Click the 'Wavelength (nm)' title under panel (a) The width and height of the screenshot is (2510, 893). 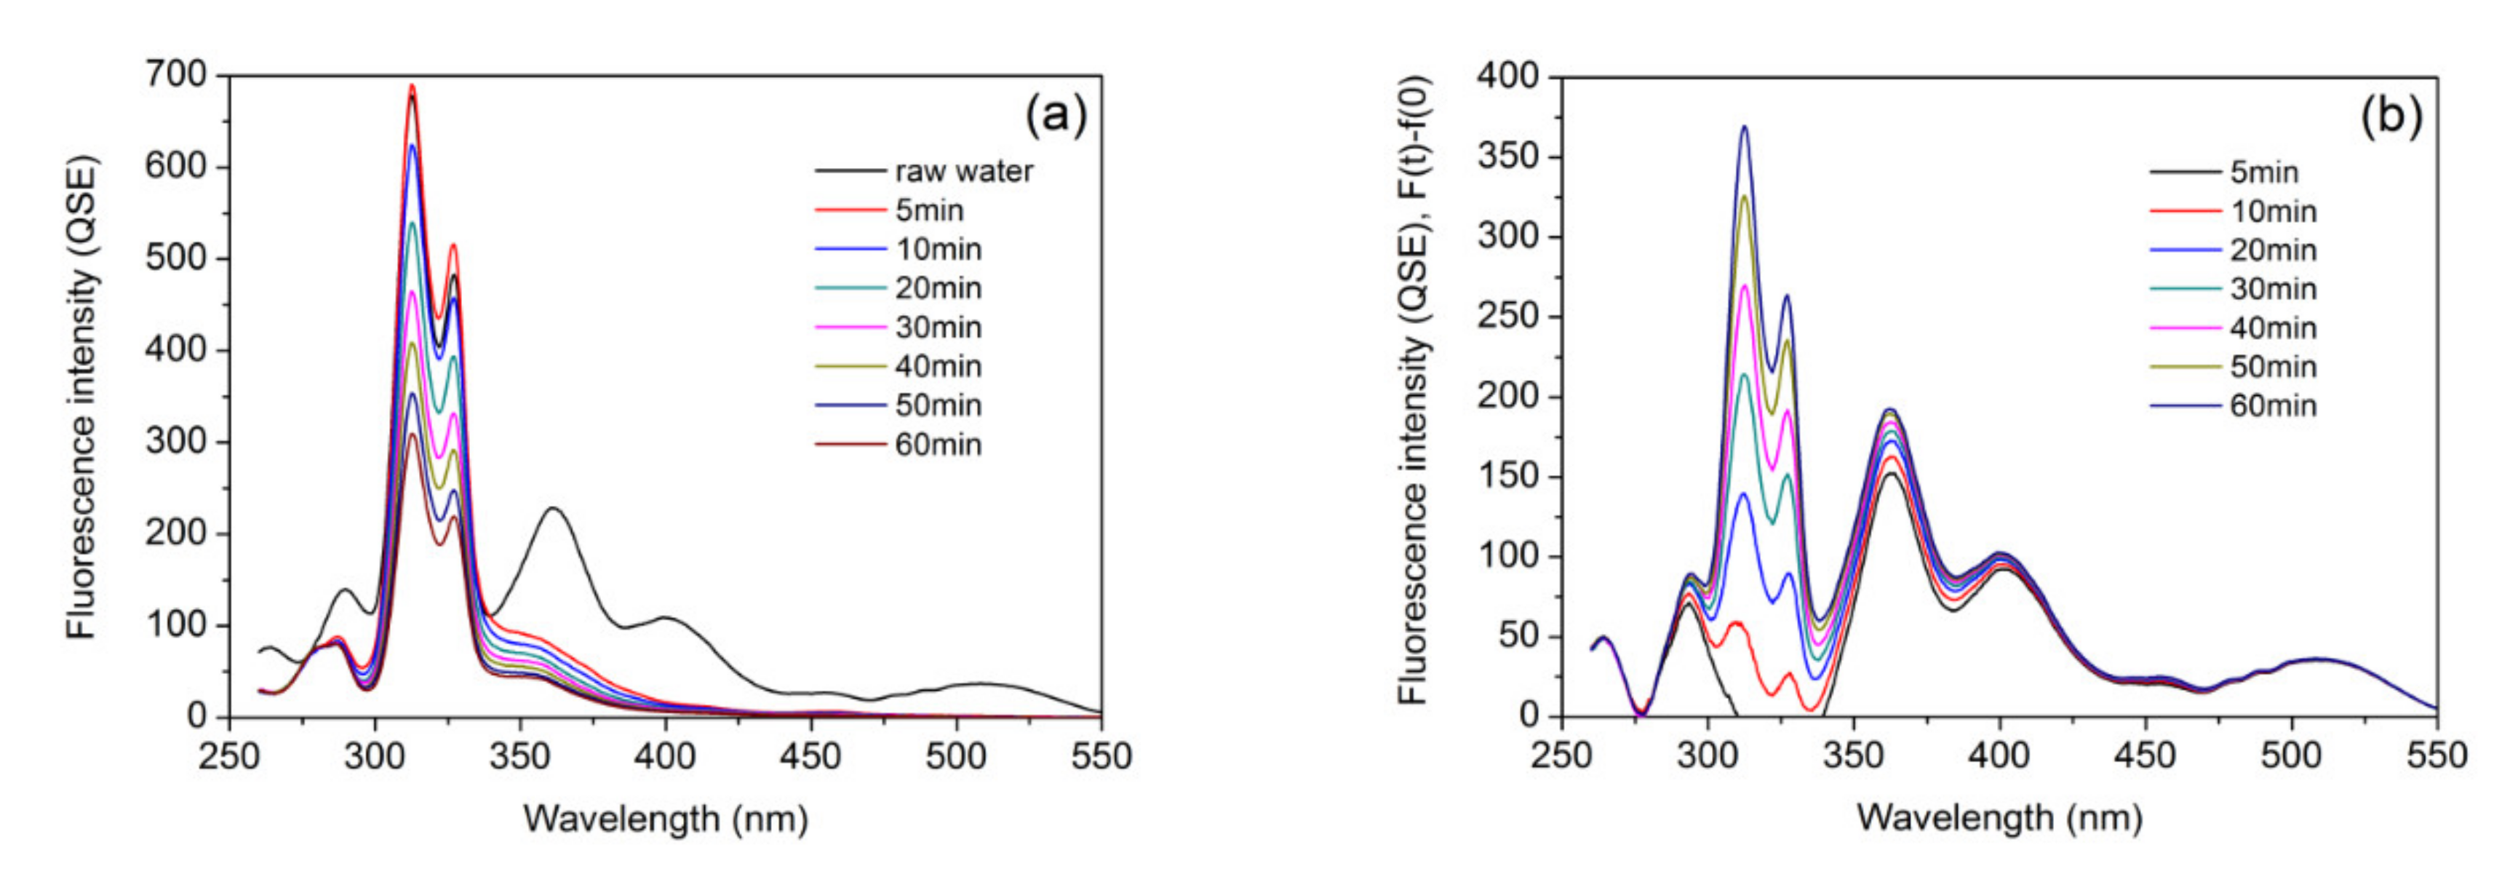pyautogui.click(x=666, y=819)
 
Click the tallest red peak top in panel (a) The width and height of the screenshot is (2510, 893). pyautogui.click(x=411, y=86)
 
